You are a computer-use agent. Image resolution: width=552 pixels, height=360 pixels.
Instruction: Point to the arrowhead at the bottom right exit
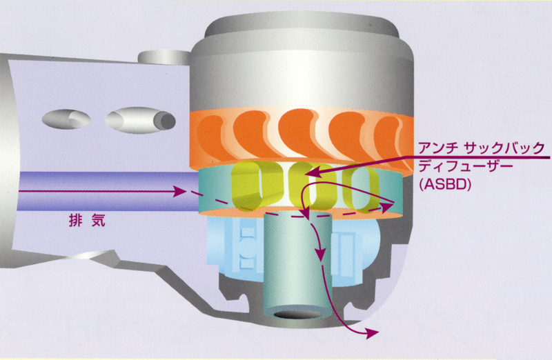point(373,332)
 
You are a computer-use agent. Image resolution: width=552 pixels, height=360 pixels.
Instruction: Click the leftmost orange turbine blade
point(208,134)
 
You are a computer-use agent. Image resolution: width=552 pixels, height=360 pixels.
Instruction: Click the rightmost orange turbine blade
point(394,134)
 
